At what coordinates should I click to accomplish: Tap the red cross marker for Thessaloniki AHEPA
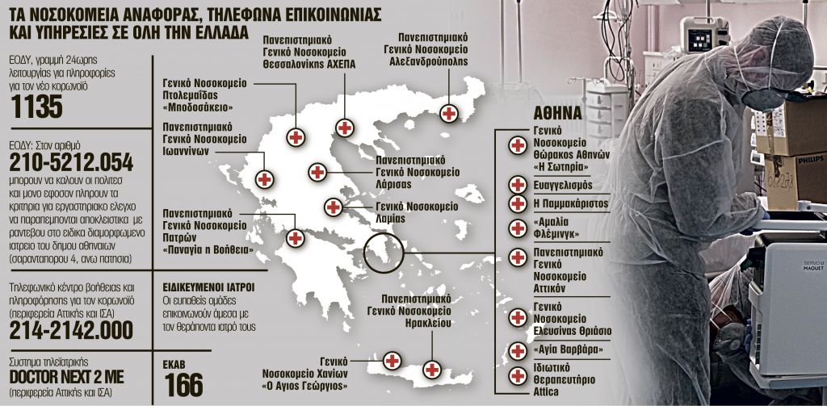pos(345,128)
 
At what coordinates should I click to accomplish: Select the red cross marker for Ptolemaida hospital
pos(296,138)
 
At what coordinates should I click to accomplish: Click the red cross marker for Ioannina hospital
pos(263,178)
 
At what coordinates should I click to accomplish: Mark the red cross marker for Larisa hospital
pos(317,172)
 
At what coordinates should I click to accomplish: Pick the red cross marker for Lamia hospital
pos(333,207)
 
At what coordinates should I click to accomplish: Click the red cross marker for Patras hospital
pos(296,239)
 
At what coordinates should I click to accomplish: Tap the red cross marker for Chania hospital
pos(392,361)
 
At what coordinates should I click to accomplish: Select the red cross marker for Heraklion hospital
pos(433,370)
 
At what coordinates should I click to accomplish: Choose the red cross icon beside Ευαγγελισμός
pos(518,185)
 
